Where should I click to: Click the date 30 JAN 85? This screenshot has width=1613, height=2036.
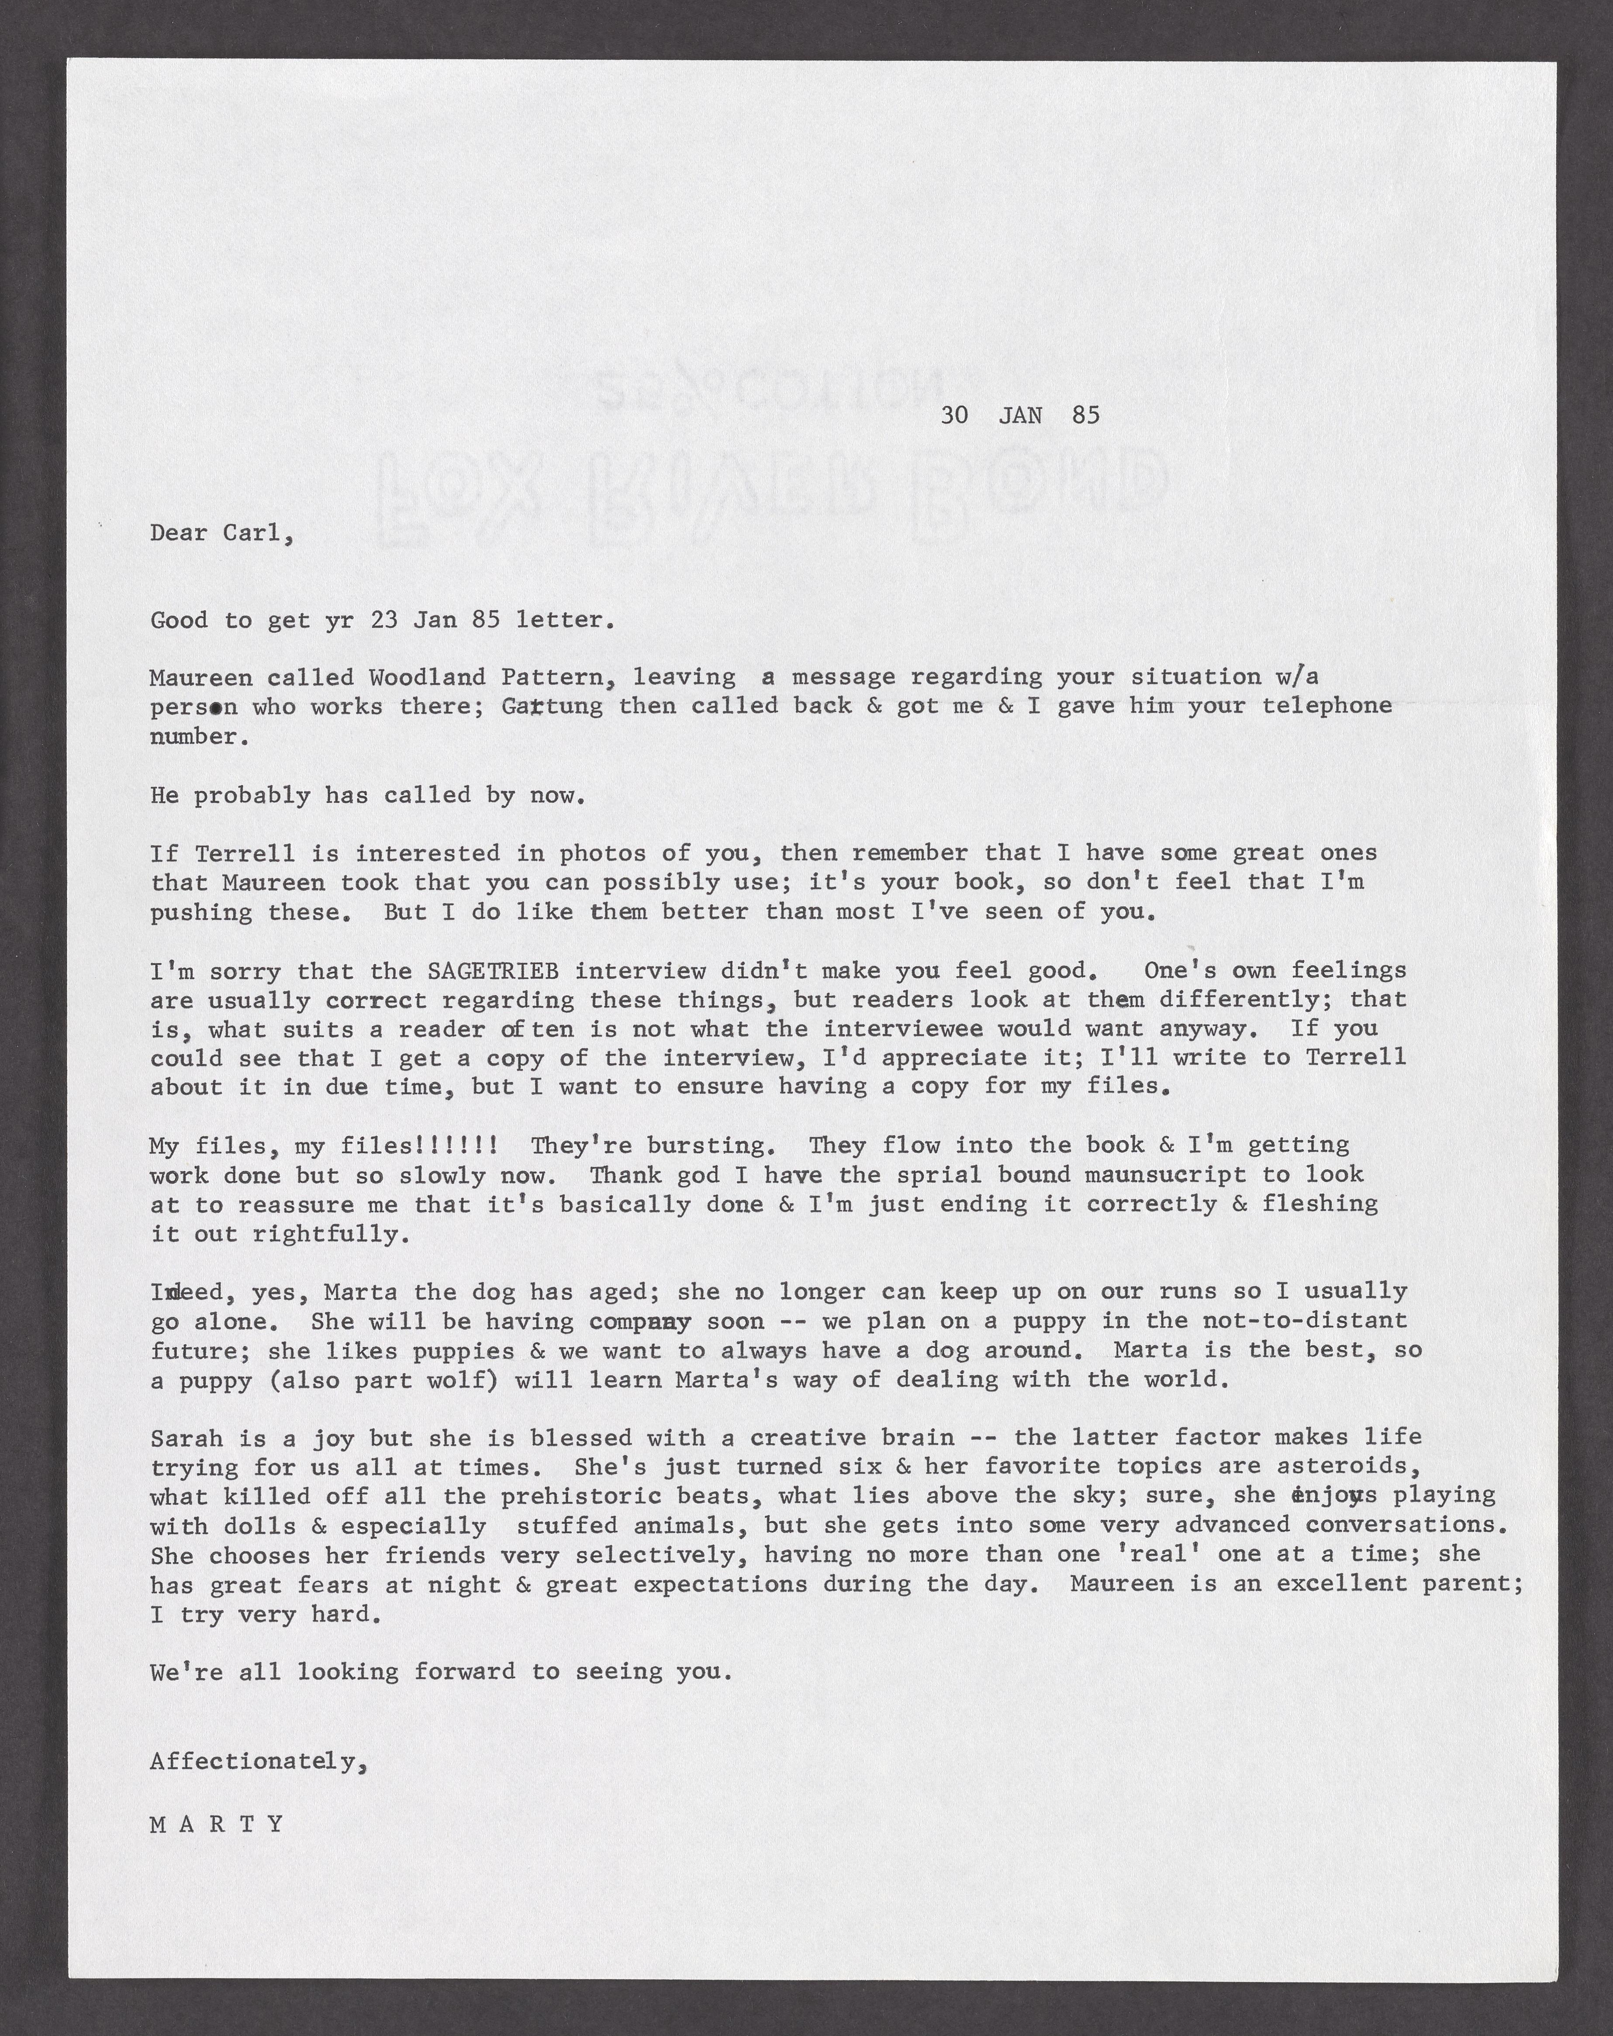click(1020, 415)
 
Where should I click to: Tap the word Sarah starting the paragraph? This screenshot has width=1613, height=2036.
click(187, 1438)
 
